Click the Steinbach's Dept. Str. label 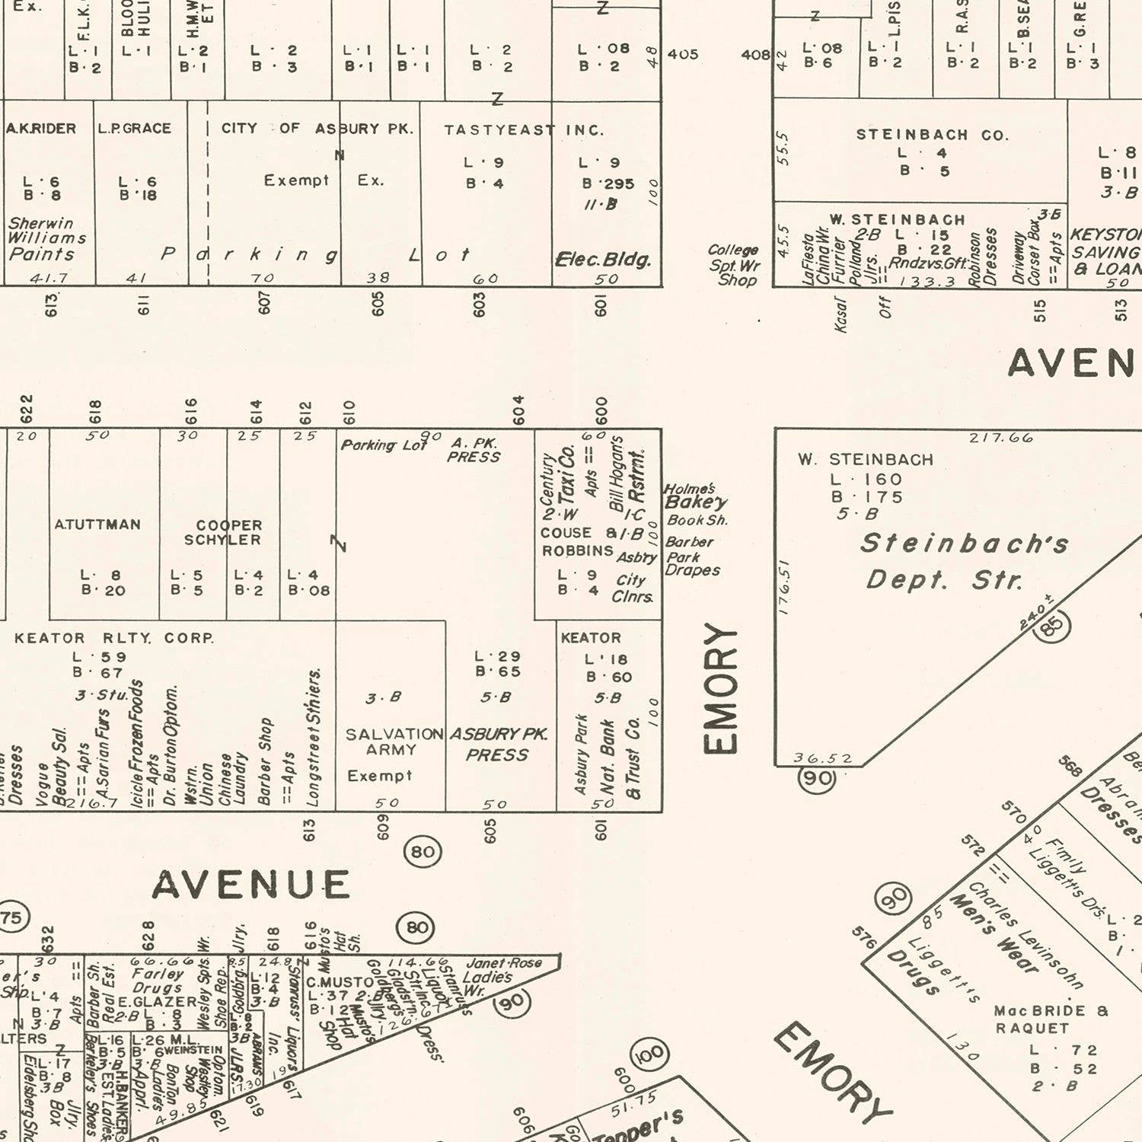965,561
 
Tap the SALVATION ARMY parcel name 393,742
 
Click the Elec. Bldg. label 603,260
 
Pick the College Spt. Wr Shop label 734,265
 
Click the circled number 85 1053,627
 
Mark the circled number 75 11,917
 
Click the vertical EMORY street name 720,688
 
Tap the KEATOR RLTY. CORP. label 114,638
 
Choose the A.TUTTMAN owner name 97,525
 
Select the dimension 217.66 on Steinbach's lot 1000,438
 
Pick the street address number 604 518,410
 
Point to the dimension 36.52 822,758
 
